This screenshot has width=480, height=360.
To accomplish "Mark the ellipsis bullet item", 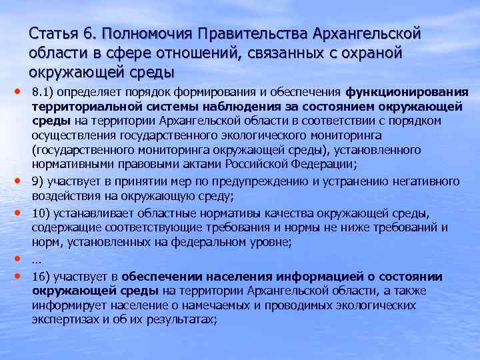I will tap(37, 260).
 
